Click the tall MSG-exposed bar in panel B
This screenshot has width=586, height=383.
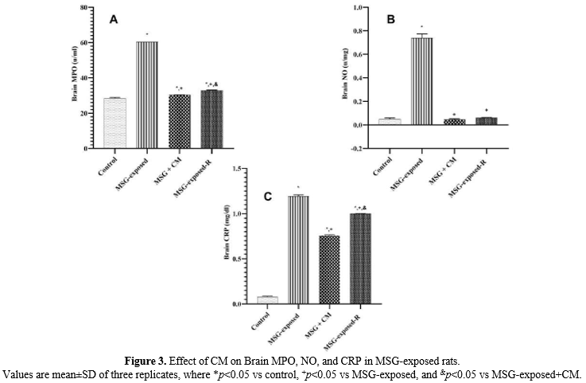coord(421,80)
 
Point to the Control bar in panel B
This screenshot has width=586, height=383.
coord(390,121)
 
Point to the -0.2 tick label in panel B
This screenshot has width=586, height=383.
coord(358,148)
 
